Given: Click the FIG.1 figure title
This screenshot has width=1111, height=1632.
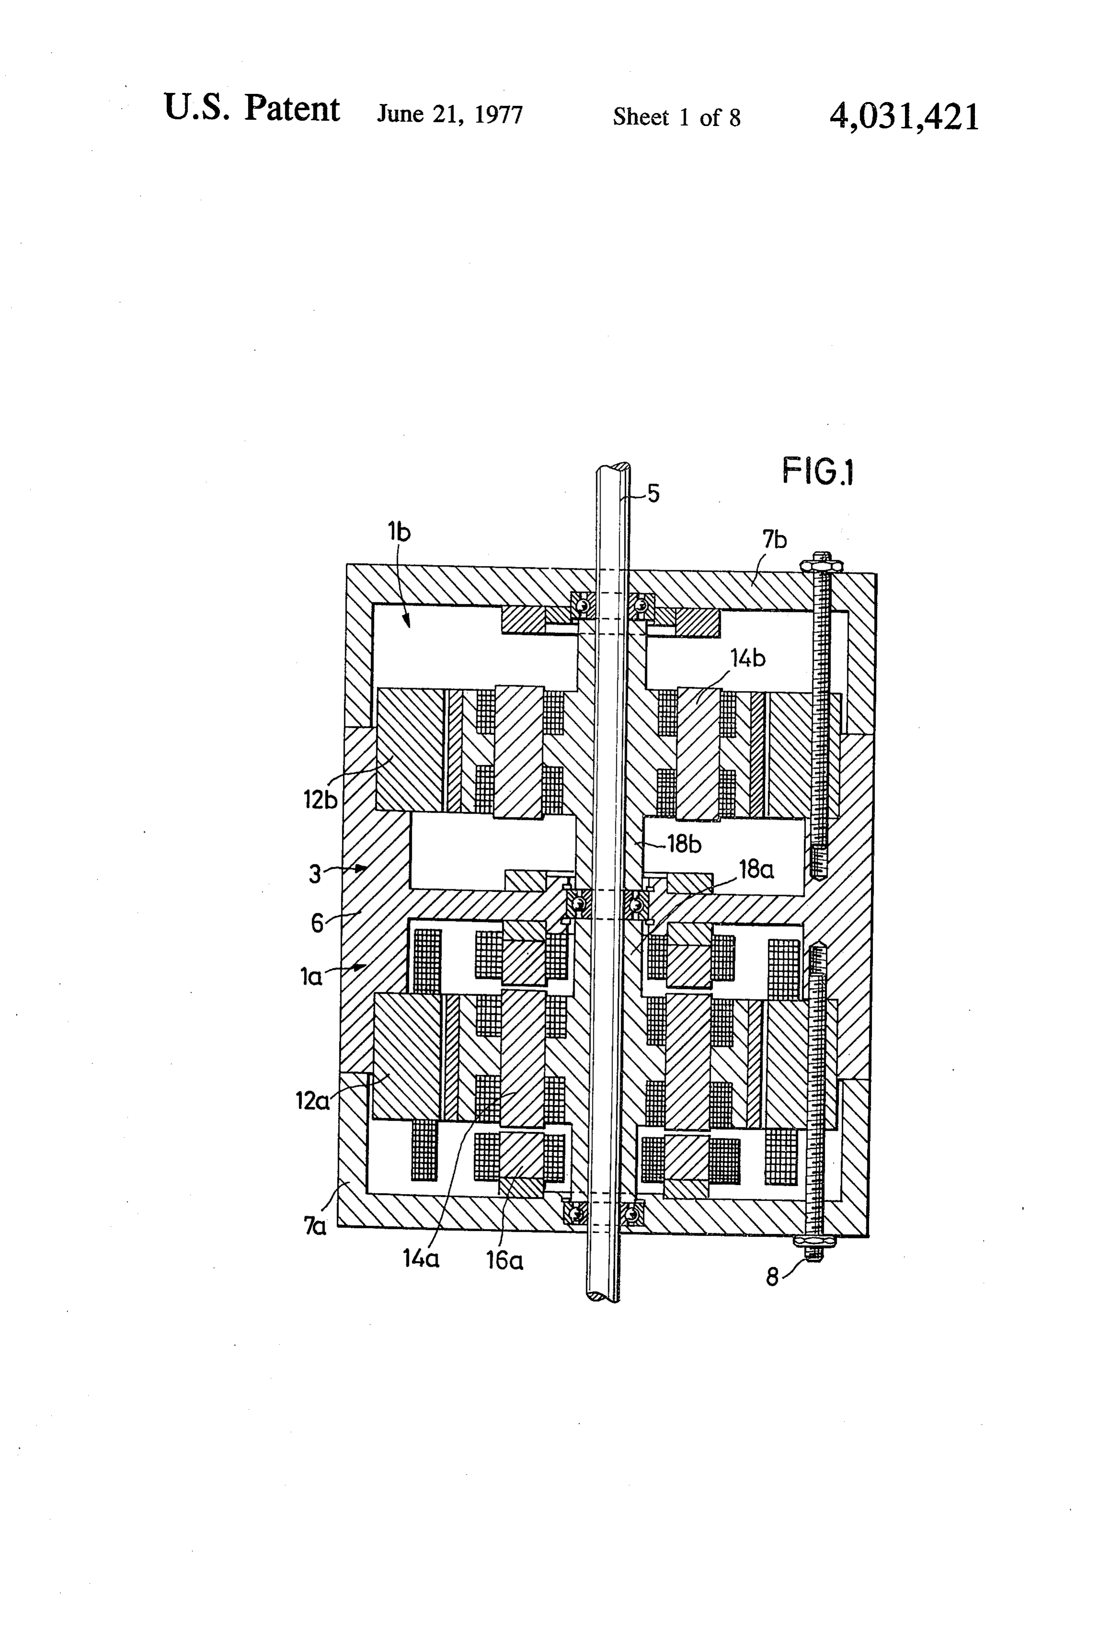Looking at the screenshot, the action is click(x=818, y=471).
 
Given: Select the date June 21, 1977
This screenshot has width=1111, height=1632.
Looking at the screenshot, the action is click(x=450, y=114).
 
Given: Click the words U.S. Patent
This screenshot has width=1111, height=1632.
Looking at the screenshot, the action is click(x=251, y=109).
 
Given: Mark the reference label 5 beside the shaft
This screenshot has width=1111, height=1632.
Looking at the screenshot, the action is click(x=653, y=494).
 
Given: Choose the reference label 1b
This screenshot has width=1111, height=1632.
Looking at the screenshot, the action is click(x=398, y=532).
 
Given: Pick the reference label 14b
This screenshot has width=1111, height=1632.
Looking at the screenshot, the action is click(x=748, y=658).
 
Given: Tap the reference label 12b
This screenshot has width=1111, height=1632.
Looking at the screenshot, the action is click(x=320, y=799).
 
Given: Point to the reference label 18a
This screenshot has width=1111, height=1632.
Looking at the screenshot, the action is click(x=756, y=869).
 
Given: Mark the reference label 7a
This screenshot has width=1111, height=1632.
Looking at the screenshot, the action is click(x=315, y=1226).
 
